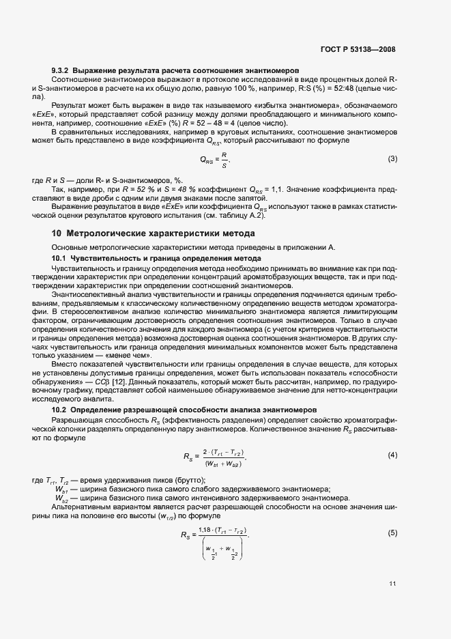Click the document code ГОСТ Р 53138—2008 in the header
point(358,50)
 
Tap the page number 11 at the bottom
point(392,583)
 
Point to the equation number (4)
point(392,455)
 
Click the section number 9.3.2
point(61,71)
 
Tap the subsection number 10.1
point(61,258)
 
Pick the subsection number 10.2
point(61,410)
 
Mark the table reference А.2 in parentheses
point(254,217)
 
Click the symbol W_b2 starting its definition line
point(61,498)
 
